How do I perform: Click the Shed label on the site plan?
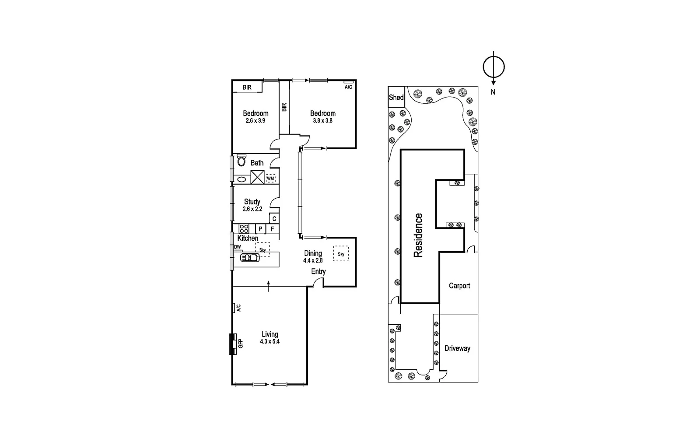click(396, 97)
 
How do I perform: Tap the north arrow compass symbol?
click(493, 67)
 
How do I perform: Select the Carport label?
click(459, 285)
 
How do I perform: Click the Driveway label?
click(457, 348)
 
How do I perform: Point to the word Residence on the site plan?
click(418, 235)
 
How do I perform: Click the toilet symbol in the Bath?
click(241, 161)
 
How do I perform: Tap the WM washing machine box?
click(270, 179)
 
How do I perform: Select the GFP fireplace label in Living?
click(240, 344)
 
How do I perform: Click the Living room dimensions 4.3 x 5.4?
click(269, 341)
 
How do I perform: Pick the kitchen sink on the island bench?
click(250, 258)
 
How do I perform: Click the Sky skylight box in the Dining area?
click(341, 254)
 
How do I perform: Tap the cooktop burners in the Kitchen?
click(244, 228)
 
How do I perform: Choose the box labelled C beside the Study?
click(274, 219)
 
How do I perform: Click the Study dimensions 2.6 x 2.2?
click(252, 209)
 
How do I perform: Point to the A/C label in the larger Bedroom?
click(348, 87)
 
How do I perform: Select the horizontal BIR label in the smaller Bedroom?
click(247, 88)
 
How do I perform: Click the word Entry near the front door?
click(318, 271)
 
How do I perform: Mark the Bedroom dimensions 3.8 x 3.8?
click(322, 120)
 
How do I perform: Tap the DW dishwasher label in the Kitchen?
click(238, 247)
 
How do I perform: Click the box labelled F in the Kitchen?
click(273, 229)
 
